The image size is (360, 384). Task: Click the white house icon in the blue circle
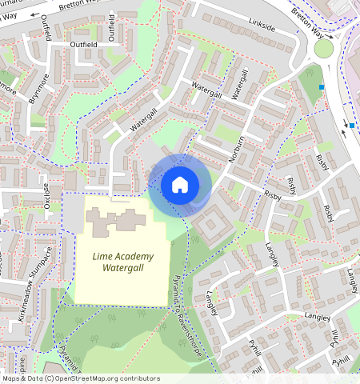pos(180,185)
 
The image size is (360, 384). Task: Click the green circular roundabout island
pos(324,49)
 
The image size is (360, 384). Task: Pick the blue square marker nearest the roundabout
pos(322,86)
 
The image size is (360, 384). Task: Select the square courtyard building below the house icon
pos(210,225)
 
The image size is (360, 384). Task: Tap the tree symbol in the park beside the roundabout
pos(309,72)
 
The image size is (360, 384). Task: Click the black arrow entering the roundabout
pos(345,132)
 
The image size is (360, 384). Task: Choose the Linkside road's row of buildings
pos(240,32)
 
